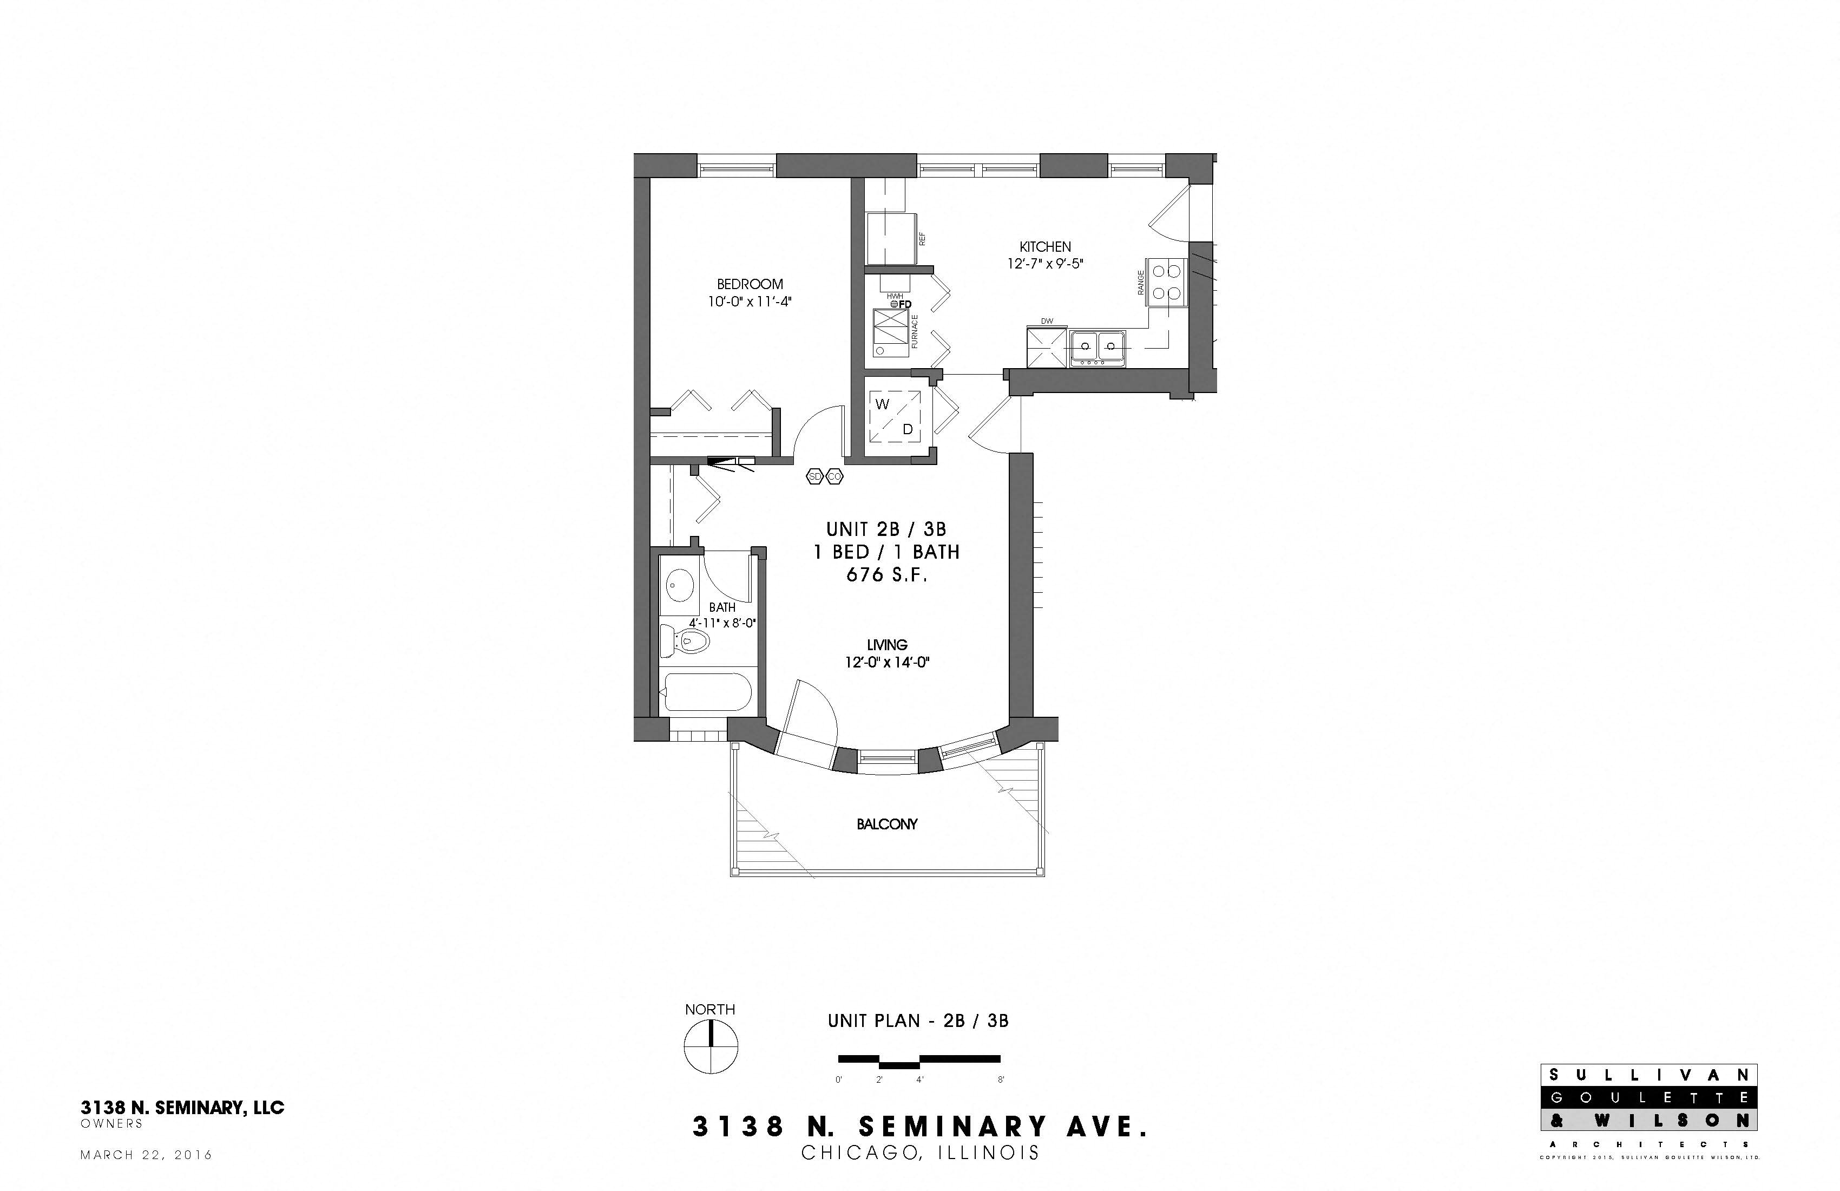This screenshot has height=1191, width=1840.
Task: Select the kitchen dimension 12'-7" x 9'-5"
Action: tap(1045, 264)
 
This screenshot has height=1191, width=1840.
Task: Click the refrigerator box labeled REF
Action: tap(891, 239)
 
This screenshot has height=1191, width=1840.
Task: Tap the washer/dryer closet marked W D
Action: tap(895, 416)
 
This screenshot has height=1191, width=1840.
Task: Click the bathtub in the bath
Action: tap(707, 692)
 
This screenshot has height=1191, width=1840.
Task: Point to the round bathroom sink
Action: tap(680, 585)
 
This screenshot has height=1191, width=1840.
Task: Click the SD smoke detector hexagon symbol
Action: tap(815, 477)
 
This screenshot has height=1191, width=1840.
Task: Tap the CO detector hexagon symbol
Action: tap(834, 477)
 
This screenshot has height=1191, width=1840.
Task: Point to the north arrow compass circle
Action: tap(711, 1046)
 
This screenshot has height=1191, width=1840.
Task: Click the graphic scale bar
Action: tap(919, 1061)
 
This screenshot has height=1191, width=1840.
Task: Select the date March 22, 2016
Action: tap(146, 1155)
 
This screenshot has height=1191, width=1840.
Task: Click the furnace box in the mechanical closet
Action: tap(891, 332)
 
